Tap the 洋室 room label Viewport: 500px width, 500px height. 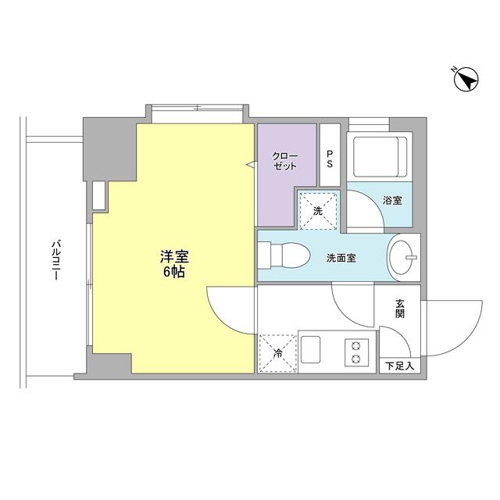pos(173,257)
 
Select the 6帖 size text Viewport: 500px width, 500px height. pos(173,273)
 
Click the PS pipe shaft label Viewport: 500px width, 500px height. pos(330,159)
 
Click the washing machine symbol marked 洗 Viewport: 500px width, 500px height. pos(318,211)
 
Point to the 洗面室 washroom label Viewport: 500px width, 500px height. pos(341,258)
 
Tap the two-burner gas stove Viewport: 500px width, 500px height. pos(357,351)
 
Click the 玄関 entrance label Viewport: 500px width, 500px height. pos(399,309)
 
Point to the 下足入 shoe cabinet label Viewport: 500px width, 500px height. pos(399,365)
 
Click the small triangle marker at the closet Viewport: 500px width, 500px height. pos(251,165)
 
